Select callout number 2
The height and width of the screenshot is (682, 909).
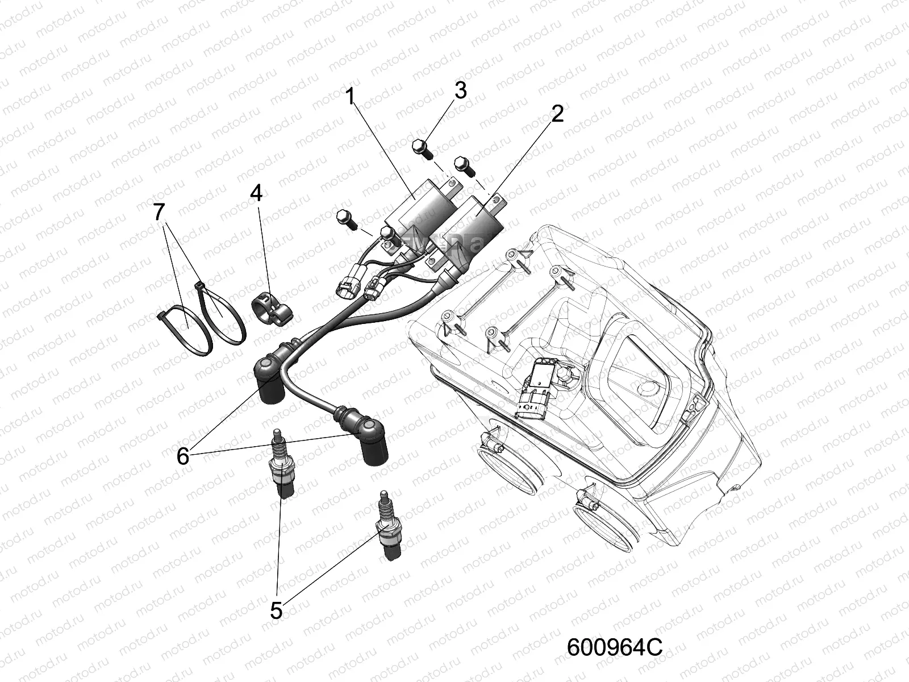point(557,114)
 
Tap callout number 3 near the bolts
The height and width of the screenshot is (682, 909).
point(460,90)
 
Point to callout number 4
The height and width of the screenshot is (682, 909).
point(256,193)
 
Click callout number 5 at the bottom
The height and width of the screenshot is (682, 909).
point(276,612)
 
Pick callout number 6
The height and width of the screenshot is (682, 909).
point(182,456)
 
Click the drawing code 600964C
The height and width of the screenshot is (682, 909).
point(615,647)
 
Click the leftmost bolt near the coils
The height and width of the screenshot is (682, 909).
point(344,218)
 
